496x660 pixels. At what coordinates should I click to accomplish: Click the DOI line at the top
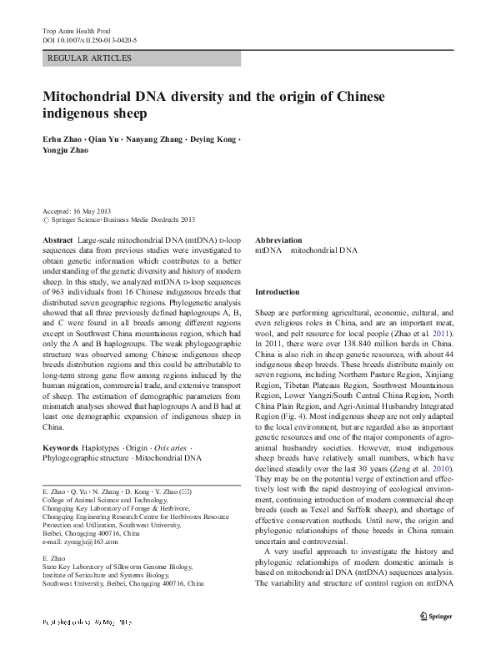pos(89,40)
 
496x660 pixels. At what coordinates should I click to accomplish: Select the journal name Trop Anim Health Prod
pos(76,30)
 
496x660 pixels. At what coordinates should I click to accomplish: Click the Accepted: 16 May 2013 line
pos(77,211)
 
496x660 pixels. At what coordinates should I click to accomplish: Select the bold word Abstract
pos(58,239)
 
